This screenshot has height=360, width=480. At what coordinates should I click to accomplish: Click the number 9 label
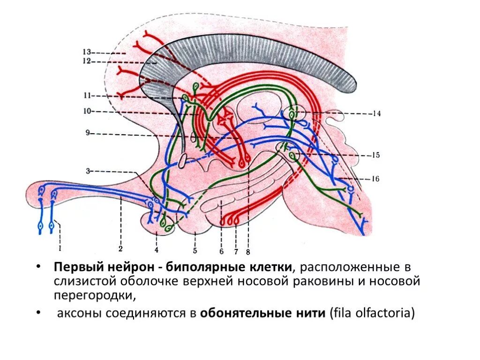click(87, 133)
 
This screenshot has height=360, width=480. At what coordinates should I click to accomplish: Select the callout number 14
click(377, 113)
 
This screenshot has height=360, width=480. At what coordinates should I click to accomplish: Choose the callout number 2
click(120, 248)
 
